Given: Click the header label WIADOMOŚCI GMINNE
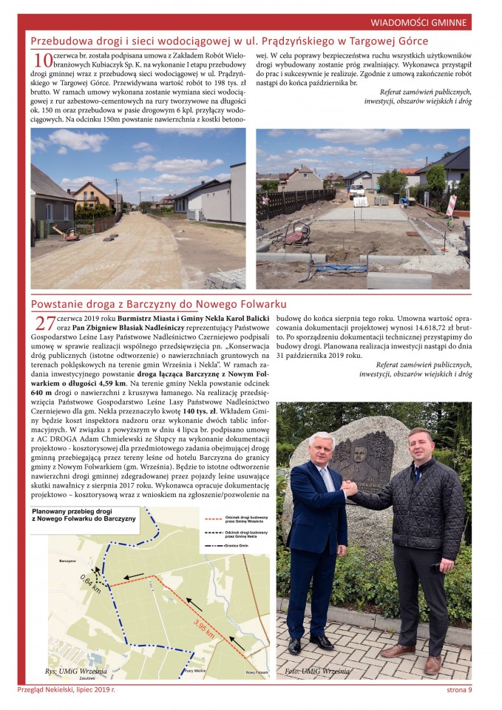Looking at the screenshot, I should (x=418, y=22).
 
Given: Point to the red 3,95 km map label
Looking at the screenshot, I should (x=205, y=629).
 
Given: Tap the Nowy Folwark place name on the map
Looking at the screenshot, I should (x=256, y=672).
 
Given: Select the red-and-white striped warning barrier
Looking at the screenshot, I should (x=451, y=204).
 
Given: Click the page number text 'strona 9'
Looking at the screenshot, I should (x=459, y=691).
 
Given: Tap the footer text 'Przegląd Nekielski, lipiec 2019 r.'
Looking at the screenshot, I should (x=67, y=691).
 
